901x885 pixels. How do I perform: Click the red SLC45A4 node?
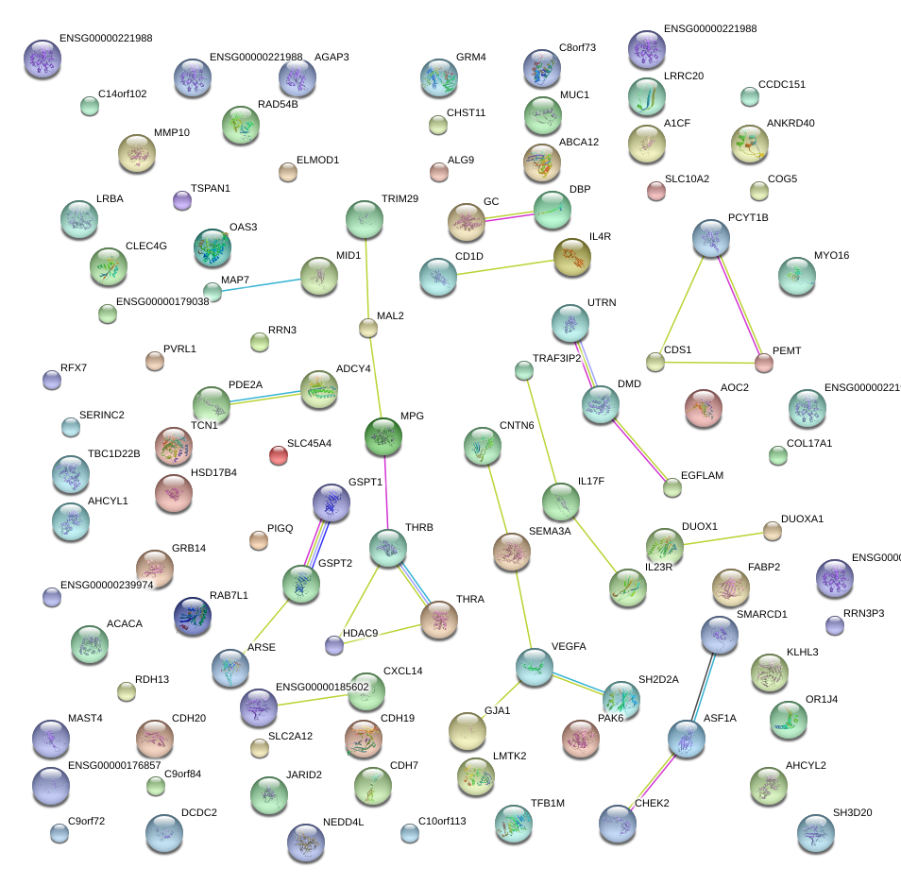click(278, 455)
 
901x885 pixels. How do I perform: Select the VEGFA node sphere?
click(535, 667)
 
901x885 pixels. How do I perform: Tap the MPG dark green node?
click(383, 436)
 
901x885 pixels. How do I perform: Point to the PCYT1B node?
click(710, 239)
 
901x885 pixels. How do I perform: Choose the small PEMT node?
click(763, 363)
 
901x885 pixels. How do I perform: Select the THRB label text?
click(418, 527)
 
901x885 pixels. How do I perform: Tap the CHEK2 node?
click(617, 824)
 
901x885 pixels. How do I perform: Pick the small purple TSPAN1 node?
click(182, 200)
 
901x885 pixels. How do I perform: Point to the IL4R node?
click(571, 257)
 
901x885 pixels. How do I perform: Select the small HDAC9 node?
click(333, 645)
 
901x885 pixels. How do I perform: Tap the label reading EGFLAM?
click(702, 476)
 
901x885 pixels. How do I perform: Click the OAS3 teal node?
click(212, 247)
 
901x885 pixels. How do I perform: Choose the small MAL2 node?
click(368, 328)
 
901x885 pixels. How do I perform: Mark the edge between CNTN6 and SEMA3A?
click(497, 496)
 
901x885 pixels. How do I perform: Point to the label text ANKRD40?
click(790, 124)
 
